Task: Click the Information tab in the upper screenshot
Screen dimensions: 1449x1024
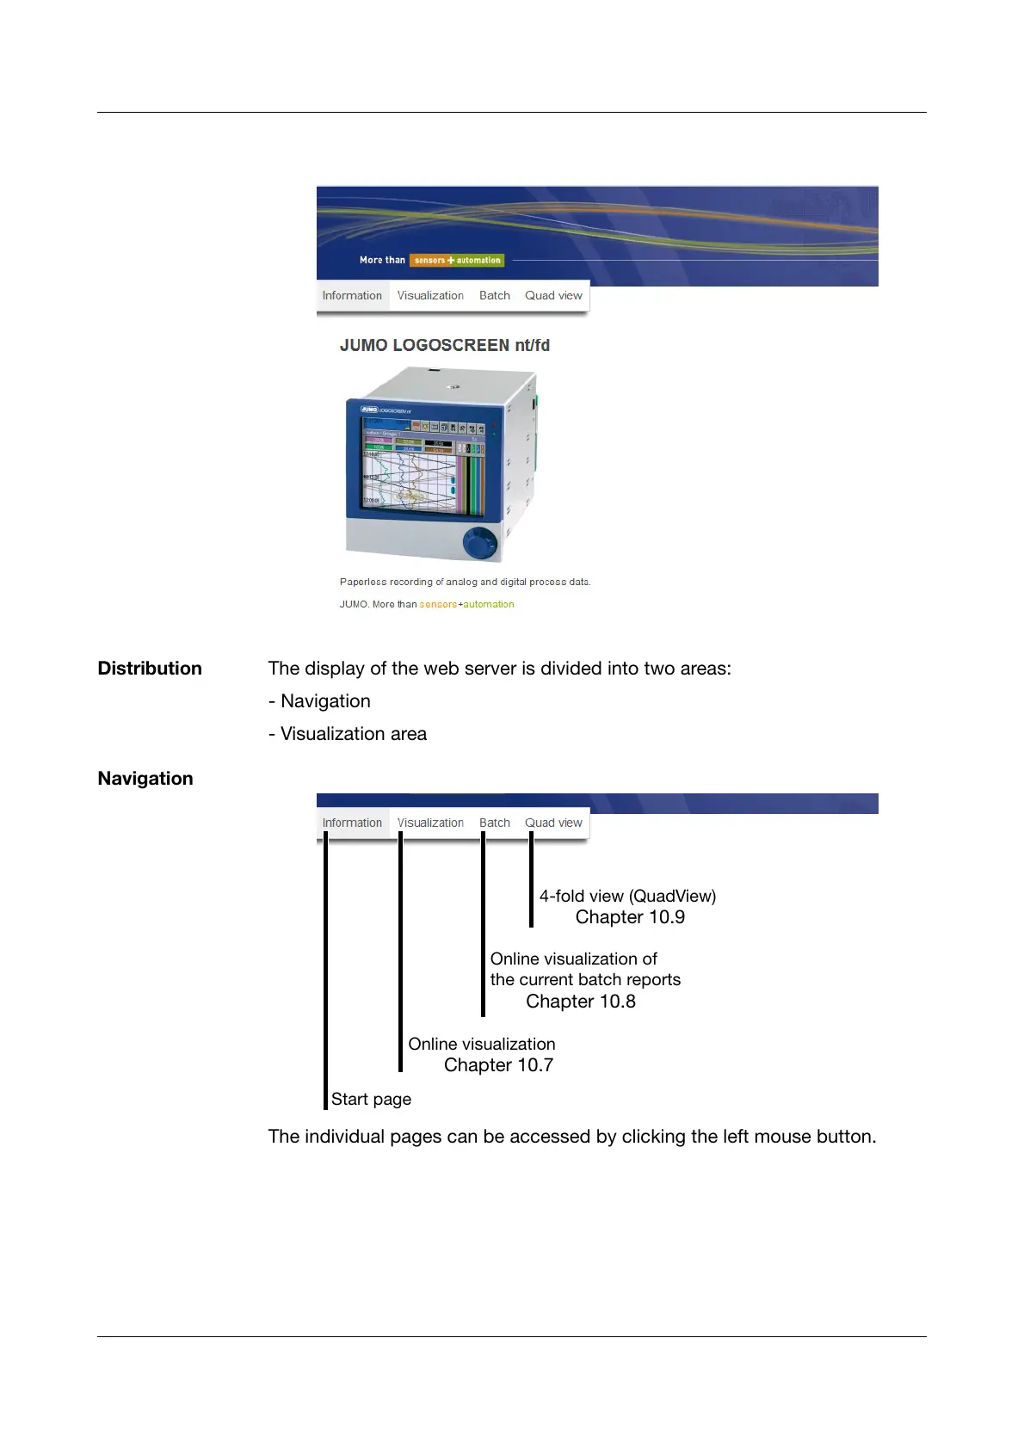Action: coord(352,295)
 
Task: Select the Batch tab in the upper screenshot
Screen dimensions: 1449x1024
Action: coord(495,295)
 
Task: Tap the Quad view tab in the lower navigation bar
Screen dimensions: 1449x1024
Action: coord(553,823)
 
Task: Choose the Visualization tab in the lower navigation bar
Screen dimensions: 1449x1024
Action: coord(430,823)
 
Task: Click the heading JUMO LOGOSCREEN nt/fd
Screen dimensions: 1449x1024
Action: coord(444,345)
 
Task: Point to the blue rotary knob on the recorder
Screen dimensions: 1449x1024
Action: coord(479,543)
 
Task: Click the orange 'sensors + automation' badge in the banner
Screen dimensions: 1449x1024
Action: coord(457,260)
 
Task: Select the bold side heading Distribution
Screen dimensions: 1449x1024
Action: coord(150,669)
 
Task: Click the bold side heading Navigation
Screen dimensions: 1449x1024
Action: coord(145,779)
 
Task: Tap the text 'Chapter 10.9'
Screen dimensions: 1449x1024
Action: coord(630,917)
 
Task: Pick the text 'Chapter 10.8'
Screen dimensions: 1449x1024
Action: coord(581,1002)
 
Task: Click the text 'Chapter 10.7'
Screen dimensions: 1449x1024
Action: coord(498,1065)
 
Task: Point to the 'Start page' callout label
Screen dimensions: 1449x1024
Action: coord(371,1099)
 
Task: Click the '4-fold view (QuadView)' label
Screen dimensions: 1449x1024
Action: coord(627,896)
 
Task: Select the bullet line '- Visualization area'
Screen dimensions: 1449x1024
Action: coord(348,734)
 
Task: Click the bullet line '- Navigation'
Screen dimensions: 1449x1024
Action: coord(319,701)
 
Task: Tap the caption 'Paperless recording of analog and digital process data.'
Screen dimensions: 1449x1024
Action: coord(465,582)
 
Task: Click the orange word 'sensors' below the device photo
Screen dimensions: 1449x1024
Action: coord(438,604)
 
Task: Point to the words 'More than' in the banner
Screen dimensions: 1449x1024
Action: coord(382,260)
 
